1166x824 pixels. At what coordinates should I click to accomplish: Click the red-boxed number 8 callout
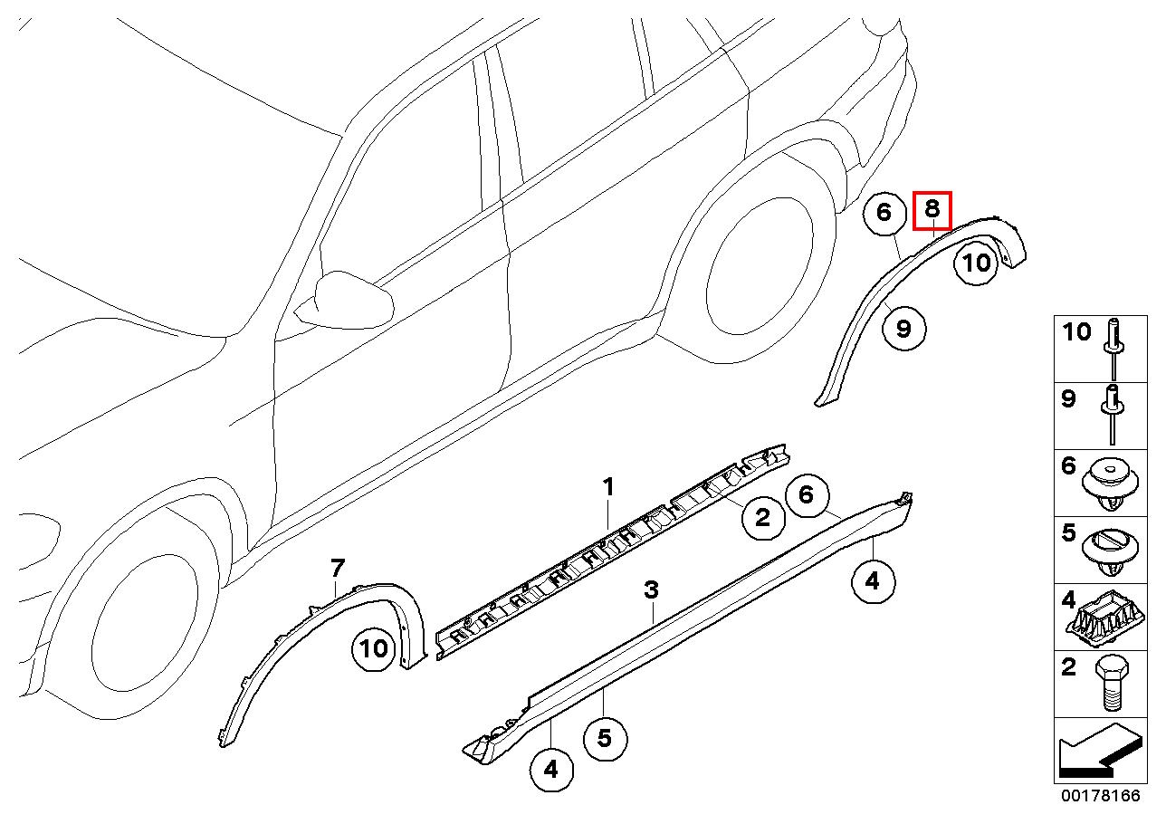[932, 210]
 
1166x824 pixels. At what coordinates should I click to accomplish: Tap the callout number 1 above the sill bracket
[608, 487]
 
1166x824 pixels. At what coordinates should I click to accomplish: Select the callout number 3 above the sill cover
[651, 589]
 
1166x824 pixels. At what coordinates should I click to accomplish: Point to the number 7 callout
[338, 568]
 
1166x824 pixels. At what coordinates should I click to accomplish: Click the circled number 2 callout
[762, 518]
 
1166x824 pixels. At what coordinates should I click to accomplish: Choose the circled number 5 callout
[605, 739]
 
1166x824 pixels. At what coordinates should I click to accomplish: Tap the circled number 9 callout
[904, 329]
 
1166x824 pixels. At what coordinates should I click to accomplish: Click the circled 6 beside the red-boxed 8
[884, 213]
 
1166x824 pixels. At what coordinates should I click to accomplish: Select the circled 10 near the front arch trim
[373, 648]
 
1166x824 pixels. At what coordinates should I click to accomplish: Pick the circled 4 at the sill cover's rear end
[873, 581]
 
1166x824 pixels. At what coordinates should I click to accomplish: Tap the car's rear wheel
[760, 266]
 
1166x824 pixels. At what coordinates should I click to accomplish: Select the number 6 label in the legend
[1067, 465]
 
